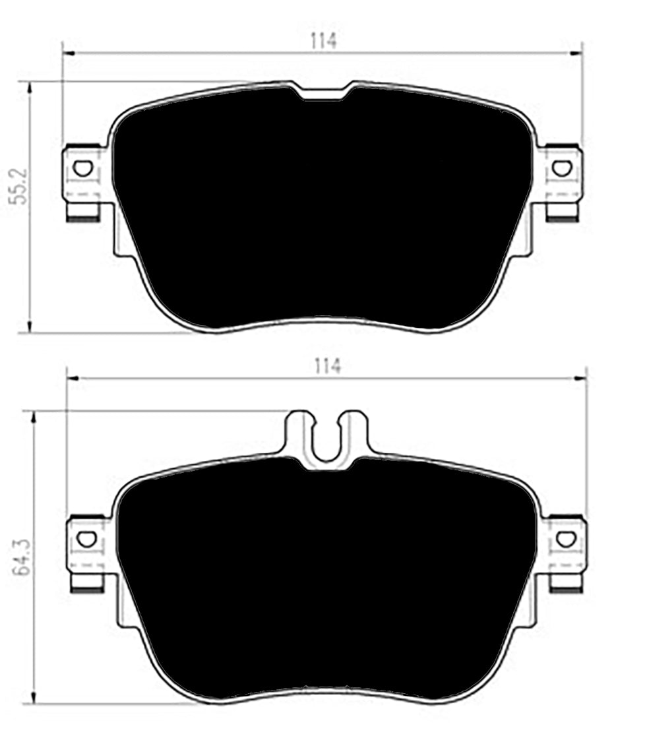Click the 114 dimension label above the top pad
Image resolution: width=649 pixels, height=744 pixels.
tap(324, 41)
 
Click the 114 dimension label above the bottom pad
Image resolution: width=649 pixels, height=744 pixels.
tap(327, 366)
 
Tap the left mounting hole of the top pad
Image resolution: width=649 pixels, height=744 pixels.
tap(82, 168)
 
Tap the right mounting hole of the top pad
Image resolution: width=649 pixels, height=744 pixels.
tap(561, 168)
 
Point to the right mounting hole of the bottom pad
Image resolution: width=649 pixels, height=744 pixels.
tap(565, 539)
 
